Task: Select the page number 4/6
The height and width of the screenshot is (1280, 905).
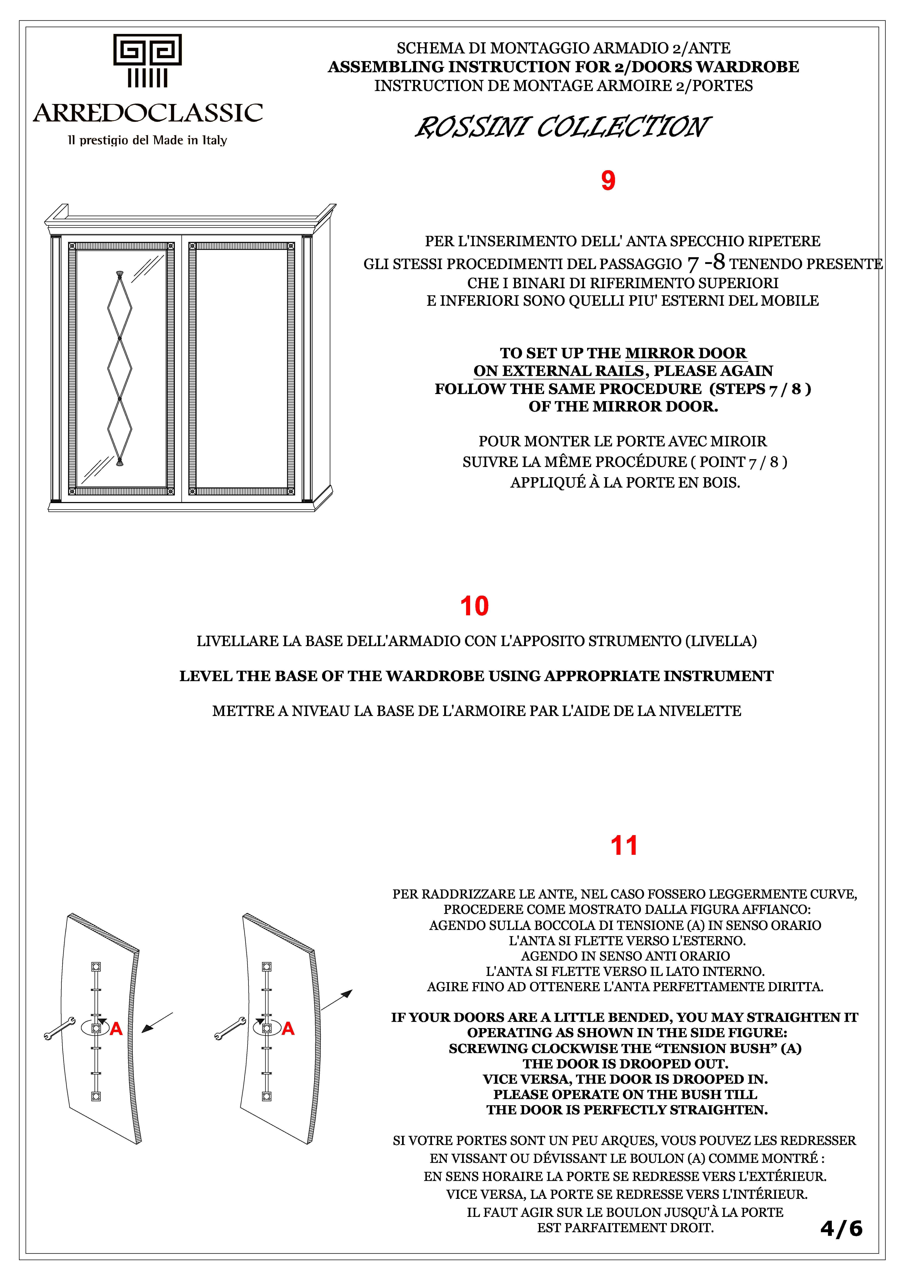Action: (841, 1228)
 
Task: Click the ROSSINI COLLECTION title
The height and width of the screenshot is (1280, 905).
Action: (562, 127)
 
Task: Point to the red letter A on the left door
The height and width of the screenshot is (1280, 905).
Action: (116, 1029)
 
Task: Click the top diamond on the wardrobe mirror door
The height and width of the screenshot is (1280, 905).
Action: (119, 307)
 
